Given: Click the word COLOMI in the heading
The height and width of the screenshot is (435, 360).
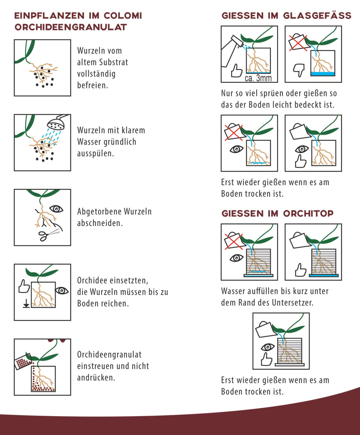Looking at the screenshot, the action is click(x=123, y=16).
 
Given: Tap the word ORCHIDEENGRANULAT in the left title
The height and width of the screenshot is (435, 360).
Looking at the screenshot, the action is click(x=71, y=27).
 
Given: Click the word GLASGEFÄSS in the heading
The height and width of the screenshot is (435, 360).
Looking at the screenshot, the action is click(x=317, y=16).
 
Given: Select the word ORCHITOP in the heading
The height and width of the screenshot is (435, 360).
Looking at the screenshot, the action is click(x=308, y=214).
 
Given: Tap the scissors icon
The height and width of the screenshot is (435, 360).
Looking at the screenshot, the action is click(x=49, y=235).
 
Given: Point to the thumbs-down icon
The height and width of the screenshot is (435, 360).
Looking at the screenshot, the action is click(x=299, y=70).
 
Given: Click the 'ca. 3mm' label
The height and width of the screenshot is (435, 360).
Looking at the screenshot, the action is click(x=258, y=78).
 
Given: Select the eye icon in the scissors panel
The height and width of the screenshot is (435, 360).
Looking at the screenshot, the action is click(x=56, y=209).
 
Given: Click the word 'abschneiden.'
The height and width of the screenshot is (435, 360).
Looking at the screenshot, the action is click(x=100, y=223).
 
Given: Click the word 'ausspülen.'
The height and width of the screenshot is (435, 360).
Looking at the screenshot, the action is click(x=96, y=153).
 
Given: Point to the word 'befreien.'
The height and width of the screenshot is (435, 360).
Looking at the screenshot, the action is click(x=93, y=85).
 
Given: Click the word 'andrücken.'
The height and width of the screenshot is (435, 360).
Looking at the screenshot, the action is click(x=96, y=378).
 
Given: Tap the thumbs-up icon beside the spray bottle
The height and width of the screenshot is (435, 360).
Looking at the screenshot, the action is click(x=237, y=71).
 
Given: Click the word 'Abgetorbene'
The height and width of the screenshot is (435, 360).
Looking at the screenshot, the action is click(x=99, y=211).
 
